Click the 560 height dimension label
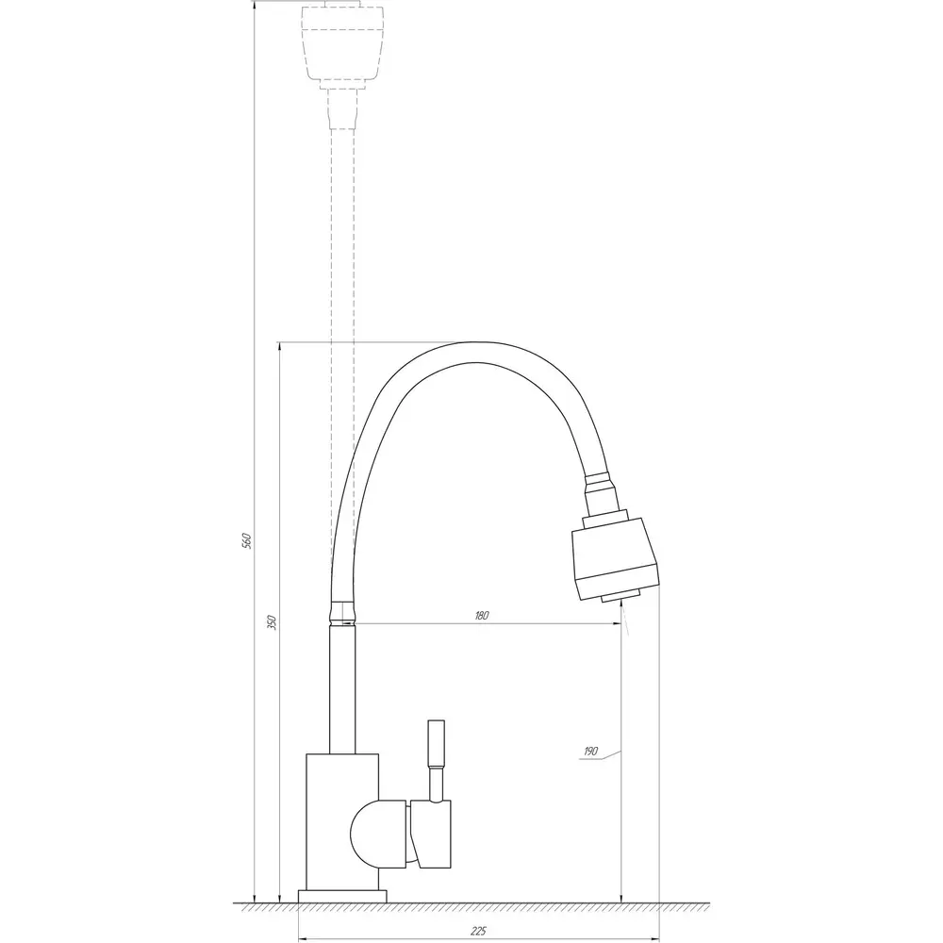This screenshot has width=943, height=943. click(x=245, y=540)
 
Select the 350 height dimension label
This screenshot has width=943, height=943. click(x=272, y=621)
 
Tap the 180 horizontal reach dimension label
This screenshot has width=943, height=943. click(x=482, y=615)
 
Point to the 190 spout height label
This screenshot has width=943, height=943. click(x=590, y=752)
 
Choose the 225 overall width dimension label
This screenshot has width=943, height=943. click(x=478, y=932)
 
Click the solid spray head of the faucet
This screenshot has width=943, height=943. click(x=615, y=558)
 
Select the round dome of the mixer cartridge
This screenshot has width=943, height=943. click(x=364, y=834)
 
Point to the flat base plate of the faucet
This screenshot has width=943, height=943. click(x=342, y=896)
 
